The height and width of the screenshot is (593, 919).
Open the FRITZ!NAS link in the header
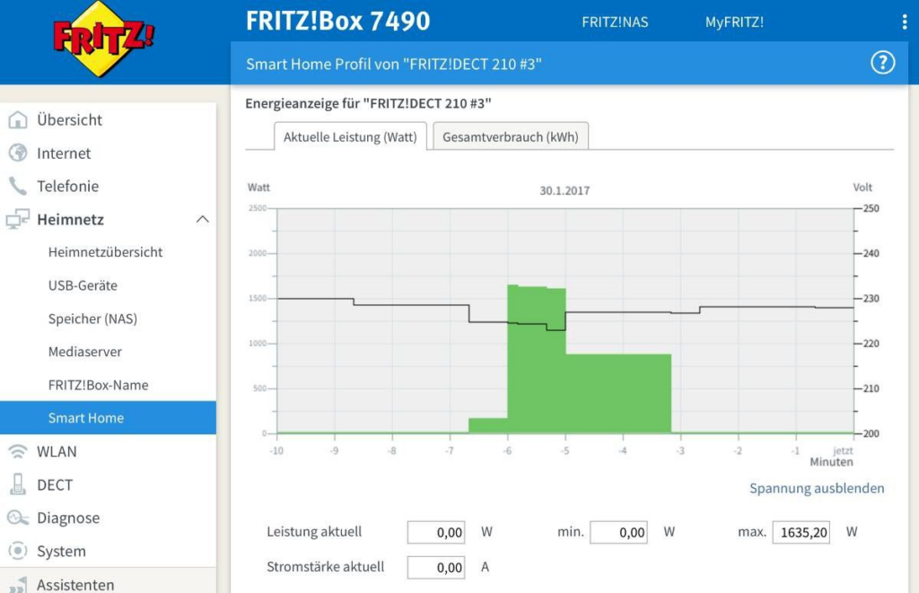click(x=615, y=22)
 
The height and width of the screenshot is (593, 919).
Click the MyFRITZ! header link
click(x=734, y=22)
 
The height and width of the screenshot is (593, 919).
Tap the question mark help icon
click(x=883, y=63)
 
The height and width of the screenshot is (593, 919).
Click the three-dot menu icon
click(x=904, y=22)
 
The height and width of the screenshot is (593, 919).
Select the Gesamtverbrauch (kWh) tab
click(x=511, y=137)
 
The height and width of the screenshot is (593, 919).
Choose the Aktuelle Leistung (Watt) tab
click(x=350, y=137)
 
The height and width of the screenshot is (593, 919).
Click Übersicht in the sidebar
click(x=69, y=120)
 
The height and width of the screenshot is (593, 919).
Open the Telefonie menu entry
click(x=67, y=187)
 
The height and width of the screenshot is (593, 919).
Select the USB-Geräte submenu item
click(x=83, y=285)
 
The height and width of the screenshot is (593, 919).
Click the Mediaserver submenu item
click(x=85, y=352)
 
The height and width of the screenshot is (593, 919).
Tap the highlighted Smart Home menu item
click(x=86, y=418)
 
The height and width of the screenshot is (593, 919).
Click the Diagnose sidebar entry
click(x=68, y=518)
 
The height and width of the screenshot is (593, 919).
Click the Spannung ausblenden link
click(x=817, y=488)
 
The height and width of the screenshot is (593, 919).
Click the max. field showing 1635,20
click(x=801, y=532)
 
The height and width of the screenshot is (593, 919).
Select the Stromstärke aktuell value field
click(x=436, y=567)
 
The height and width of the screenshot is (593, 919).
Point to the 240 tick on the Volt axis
click(x=871, y=254)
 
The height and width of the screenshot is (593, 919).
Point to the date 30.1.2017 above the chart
click(x=565, y=190)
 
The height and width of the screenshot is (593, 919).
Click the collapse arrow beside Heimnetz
click(x=203, y=220)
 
